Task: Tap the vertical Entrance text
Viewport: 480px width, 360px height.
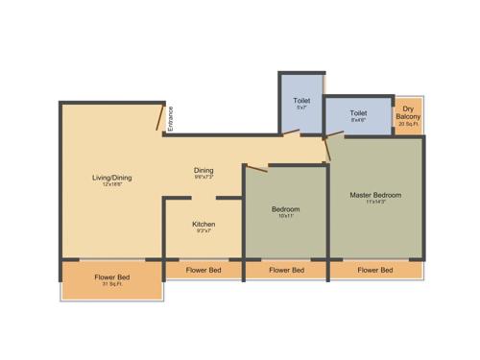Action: [171, 120]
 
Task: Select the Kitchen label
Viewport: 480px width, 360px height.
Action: [204, 224]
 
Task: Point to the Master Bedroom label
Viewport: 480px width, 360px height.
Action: [374, 195]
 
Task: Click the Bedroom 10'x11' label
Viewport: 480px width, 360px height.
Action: [285, 208]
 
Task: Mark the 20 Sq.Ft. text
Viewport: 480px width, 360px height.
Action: [409, 124]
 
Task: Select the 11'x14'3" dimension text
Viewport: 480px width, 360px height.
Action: [374, 203]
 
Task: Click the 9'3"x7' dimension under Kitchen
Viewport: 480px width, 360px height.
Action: [204, 231]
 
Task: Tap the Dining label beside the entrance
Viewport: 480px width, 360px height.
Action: [204, 170]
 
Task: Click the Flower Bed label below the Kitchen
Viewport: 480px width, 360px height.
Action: [204, 270]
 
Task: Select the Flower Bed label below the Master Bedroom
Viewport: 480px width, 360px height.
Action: [374, 270]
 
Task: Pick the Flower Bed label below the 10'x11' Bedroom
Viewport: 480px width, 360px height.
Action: [286, 270]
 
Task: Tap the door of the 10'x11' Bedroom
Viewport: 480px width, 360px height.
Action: [255, 169]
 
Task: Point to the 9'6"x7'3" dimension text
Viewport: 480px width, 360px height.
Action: [204, 178]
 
